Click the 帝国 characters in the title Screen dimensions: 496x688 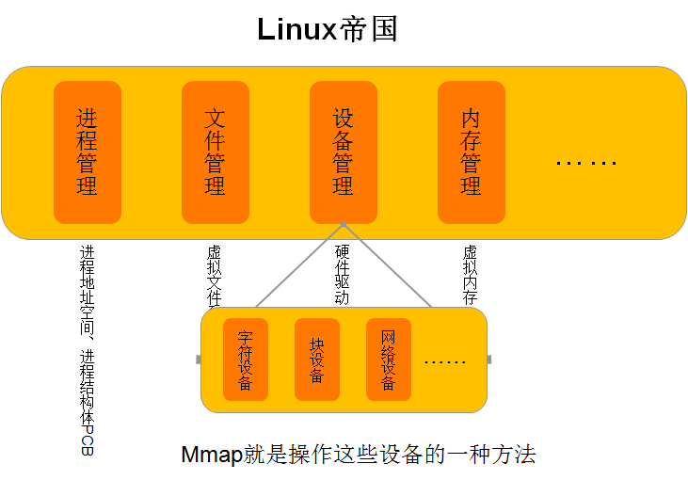(x=368, y=29)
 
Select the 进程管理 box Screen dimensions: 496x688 (x=88, y=152)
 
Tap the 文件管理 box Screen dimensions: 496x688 (x=216, y=152)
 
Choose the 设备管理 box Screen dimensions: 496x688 (x=344, y=152)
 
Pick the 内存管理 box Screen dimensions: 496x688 (x=472, y=152)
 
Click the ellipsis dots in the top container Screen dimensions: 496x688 (x=585, y=163)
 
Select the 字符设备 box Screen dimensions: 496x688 (x=246, y=360)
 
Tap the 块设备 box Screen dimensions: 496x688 (x=317, y=360)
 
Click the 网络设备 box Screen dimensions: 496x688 (x=389, y=360)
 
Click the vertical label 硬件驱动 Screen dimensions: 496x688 (x=343, y=275)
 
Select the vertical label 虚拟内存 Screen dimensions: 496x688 (x=471, y=275)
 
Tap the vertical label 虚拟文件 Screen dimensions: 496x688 (x=215, y=275)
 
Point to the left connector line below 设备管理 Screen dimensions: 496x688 (x=299, y=265)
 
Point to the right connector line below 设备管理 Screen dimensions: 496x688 (x=388, y=265)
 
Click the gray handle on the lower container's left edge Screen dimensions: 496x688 (x=198, y=360)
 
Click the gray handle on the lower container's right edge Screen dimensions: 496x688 (x=489, y=360)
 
